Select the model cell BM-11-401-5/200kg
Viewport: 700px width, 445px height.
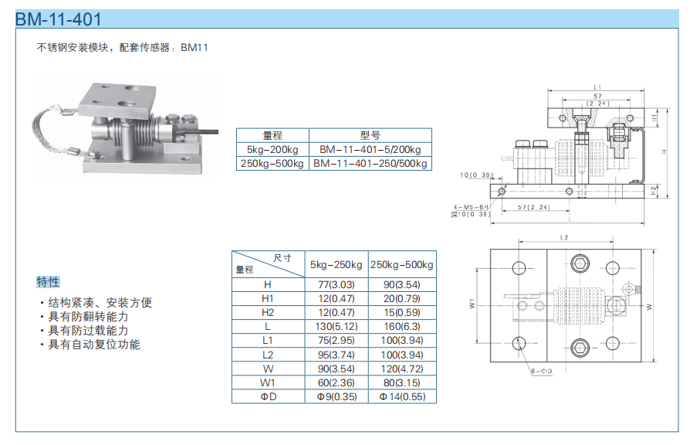[x=370, y=149]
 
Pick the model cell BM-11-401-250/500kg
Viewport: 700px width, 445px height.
[x=370, y=164]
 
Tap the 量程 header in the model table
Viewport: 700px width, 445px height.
[x=272, y=135]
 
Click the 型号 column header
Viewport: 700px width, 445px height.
[x=370, y=135]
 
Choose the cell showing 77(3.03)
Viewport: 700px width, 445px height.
[x=336, y=284]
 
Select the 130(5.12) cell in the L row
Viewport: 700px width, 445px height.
[x=336, y=326]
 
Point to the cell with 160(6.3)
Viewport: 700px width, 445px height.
[x=401, y=326]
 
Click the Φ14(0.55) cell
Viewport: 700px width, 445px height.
[x=401, y=396]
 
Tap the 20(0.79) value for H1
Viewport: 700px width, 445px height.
[x=401, y=298]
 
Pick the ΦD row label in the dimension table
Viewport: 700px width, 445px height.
[x=268, y=396]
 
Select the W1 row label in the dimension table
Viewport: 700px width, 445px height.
[x=268, y=382]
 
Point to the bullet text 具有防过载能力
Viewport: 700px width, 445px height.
[x=88, y=331]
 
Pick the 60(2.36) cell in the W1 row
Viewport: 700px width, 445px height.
[x=336, y=382]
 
